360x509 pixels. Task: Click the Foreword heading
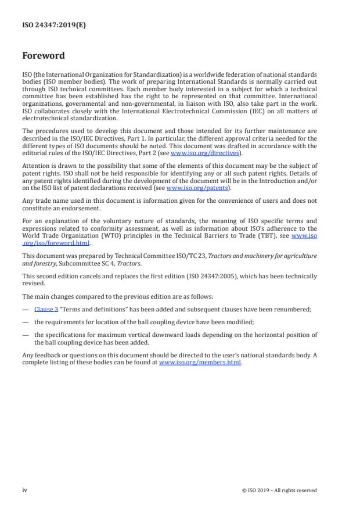44,56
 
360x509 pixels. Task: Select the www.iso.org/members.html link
200,363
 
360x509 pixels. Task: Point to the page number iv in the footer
25,490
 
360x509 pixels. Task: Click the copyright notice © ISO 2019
279,490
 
